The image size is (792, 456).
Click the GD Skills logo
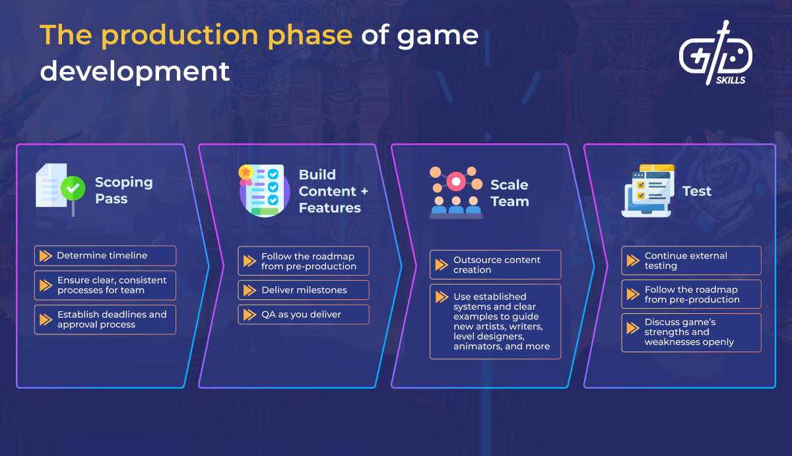tap(715, 55)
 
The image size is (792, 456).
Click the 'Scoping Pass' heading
tap(123, 190)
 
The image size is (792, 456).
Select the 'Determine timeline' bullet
tap(105, 256)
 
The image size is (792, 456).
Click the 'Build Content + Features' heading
tap(333, 191)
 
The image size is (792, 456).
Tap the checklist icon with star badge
tap(261, 190)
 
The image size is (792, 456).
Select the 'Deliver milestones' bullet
tap(304, 290)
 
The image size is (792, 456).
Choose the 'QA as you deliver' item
tap(301, 315)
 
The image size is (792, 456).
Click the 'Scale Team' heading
tap(510, 193)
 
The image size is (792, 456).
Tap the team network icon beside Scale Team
tap(455, 192)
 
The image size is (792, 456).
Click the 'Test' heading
tap(697, 191)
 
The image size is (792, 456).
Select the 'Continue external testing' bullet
tap(691, 260)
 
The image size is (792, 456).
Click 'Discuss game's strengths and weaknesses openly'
tap(691, 332)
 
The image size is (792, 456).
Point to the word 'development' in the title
tap(135, 71)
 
